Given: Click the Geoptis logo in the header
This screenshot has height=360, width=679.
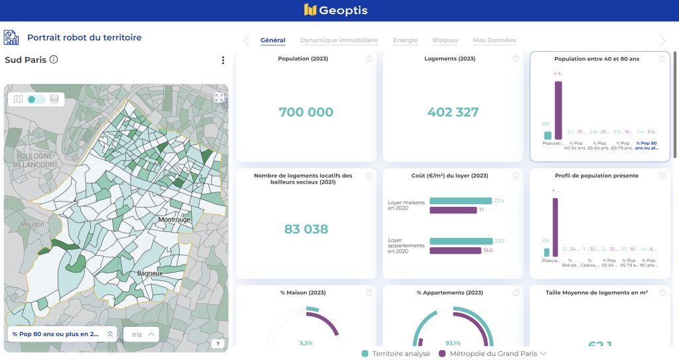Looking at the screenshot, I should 336,10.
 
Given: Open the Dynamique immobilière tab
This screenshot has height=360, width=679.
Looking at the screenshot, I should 339,40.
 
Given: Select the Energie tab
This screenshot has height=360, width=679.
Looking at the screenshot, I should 405,40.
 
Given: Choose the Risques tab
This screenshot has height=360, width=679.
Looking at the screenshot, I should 445,40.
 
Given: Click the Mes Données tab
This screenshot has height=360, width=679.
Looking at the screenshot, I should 494,40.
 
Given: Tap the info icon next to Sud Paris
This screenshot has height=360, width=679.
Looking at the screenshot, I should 54,60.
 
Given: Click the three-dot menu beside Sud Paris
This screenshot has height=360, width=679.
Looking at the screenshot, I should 223,60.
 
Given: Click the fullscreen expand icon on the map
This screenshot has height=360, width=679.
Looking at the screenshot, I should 219,98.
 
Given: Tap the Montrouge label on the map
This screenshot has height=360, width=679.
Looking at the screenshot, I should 174,219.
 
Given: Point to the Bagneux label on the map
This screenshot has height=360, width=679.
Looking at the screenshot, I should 150,273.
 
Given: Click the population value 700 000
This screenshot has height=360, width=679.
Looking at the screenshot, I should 306,113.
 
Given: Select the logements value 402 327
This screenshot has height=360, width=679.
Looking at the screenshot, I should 453,113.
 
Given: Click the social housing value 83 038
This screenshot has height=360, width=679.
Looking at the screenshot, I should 306,229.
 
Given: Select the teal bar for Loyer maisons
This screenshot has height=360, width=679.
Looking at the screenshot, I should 460,201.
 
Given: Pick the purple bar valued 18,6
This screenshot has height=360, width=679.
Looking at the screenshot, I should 455,251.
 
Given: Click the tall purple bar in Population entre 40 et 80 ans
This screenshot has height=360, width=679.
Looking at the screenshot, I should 558,111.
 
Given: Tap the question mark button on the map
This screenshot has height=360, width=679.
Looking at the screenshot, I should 217,343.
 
